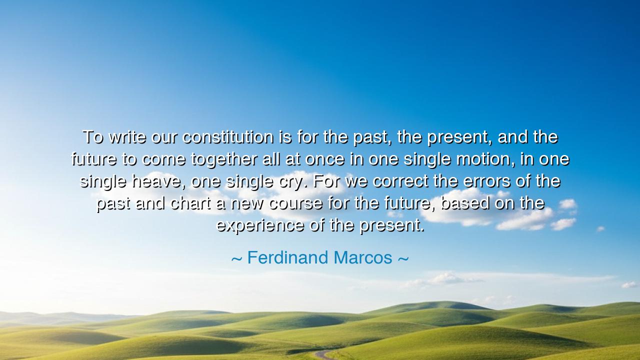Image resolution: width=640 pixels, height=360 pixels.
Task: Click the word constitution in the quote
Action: coord(228,137)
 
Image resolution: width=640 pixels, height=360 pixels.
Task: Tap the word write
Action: coord(127,137)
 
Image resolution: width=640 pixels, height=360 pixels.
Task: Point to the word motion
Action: coord(485,159)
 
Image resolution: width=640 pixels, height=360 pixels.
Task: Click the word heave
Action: coord(156,182)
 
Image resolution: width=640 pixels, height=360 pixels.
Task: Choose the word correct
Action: coord(400,181)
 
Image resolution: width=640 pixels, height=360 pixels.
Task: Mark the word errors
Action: coord(486,182)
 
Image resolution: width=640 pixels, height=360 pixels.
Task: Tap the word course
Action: coord(296,204)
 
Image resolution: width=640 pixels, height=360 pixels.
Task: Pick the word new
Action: coord(247,204)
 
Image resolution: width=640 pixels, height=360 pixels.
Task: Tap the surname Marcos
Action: coord(363,257)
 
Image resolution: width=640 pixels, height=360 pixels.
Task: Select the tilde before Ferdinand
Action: coord(237,259)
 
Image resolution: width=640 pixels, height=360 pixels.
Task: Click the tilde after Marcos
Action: coord(403,259)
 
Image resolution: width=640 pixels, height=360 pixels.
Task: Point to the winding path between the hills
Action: coord(323,355)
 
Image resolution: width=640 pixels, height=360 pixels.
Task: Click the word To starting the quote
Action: coord(92,137)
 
